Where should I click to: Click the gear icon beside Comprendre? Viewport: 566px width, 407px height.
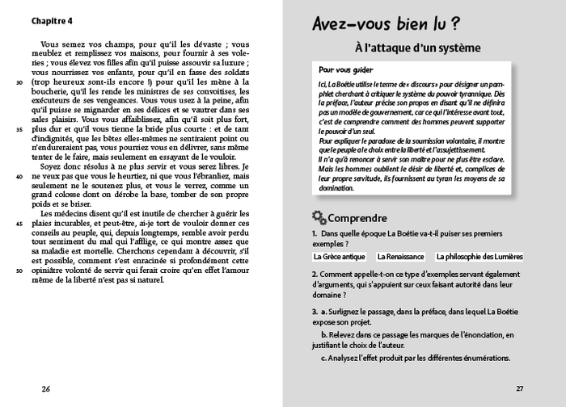click(319, 217)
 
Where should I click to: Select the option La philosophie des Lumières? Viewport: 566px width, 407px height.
click(479, 257)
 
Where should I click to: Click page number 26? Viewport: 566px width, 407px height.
click(46, 388)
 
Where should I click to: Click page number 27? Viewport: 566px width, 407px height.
click(520, 388)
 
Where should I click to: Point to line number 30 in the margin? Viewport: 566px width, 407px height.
click(19, 82)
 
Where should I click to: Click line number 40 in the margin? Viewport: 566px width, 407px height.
click(19, 176)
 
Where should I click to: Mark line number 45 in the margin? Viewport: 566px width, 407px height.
click(19, 223)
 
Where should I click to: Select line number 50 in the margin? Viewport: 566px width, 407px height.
click(19, 270)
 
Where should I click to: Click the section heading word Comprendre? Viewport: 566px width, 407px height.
click(357, 218)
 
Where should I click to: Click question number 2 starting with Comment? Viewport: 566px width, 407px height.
click(314, 275)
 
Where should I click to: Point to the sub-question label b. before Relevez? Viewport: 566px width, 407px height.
click(323, 334)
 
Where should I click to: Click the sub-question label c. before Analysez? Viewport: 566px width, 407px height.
click(323, 357)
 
